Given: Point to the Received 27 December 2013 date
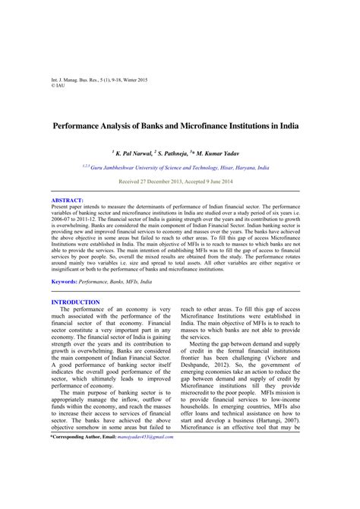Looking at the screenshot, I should [152, 182].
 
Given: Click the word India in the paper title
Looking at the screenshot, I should [288, 125].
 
